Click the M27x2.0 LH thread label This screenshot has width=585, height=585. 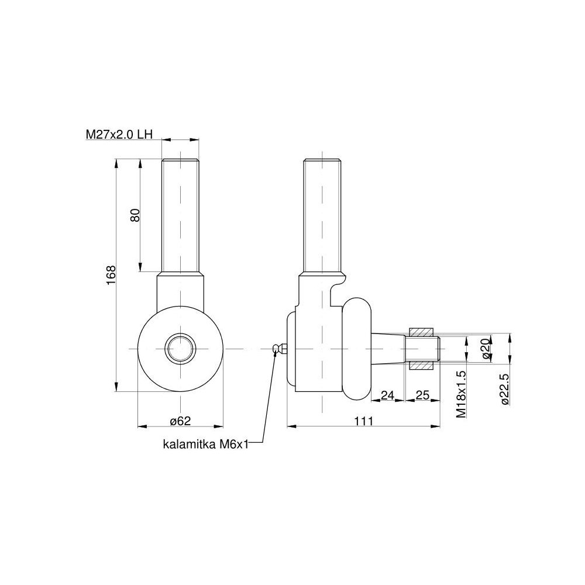(x=119, y=135)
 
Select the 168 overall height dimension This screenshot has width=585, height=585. (x=111, y=276)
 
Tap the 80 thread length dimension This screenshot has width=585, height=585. (x=135, y=215)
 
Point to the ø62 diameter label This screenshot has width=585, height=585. (x=180, y=421)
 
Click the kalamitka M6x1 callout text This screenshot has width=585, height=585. (x=205, y=444)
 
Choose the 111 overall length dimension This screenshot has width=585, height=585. (x=364, y=421)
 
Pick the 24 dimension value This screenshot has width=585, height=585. (x=388, y=395)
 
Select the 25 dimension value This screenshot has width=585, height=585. (x=422, y=395)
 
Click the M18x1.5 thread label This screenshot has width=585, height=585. (x=461, y=394)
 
